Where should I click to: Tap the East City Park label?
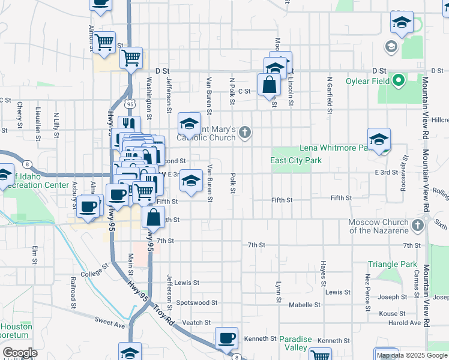click(296, 161)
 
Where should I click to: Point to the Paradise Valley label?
click(295, 343)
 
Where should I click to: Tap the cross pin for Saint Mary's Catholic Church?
click(244, 132)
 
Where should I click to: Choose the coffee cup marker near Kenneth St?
click(227, 338)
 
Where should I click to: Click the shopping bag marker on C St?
click(268, 85)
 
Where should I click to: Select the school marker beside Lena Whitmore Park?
click(379, 140)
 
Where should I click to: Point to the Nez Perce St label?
click(367, 288)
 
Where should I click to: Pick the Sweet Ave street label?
click(110, 323)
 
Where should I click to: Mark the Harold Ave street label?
click(404, 323)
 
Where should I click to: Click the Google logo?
click(20, 353)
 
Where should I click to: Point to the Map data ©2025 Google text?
click(412, 355)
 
